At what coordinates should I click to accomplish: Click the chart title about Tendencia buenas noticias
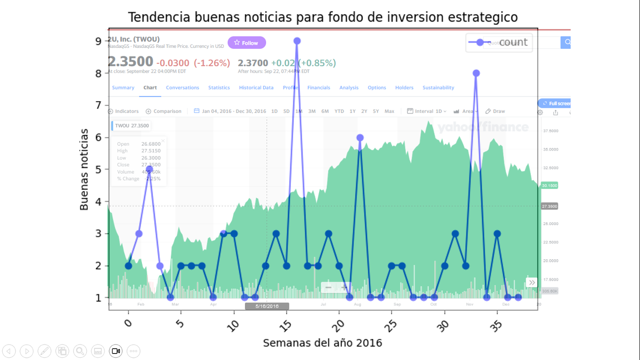[323, 17]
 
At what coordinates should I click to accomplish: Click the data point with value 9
[297, 41]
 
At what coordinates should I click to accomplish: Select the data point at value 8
[476, 73]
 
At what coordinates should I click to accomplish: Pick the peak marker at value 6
[360, 138]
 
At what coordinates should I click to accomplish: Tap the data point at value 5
[149, 169]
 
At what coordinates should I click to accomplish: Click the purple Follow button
[246, 43]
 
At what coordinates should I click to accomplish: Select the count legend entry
[499, 42]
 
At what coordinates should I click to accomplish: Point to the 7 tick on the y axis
[98, 105]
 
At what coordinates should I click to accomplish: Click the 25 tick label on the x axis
[392, 324]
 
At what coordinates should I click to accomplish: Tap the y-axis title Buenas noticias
[84, 169]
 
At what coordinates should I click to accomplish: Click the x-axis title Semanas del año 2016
[322, 343]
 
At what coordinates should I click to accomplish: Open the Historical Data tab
[256, 88]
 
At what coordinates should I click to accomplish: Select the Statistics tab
[219, 88]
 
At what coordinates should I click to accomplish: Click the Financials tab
[319, 88]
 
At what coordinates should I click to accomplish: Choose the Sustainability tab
[438, 88]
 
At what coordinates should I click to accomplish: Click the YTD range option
[339, 111]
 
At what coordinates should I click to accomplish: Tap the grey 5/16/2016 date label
[267, 306]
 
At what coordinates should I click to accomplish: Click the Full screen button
[556, 104]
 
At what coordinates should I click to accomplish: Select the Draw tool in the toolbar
[496, 111]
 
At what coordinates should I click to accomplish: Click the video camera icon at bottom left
[115, 351]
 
